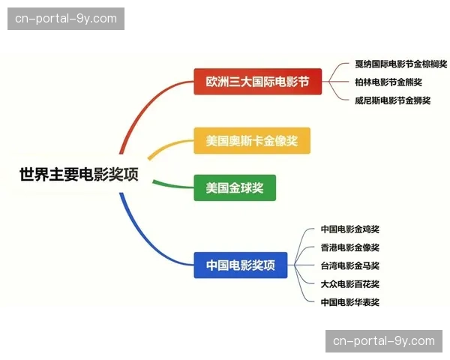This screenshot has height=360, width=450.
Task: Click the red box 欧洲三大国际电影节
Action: (x=257, y=81)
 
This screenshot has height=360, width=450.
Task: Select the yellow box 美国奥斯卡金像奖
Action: (x=251, y=140)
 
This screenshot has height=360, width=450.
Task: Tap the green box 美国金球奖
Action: (x=235, y=187)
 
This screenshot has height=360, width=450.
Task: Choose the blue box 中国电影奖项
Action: (x=240, y=265)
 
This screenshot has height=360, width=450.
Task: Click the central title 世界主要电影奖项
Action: (x=79, y=175)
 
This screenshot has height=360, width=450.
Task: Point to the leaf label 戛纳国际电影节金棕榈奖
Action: (x=400, y=64)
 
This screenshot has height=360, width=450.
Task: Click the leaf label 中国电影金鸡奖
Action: (x=350, y=229)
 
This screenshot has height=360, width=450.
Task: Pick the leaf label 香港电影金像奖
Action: (x=350, y=247)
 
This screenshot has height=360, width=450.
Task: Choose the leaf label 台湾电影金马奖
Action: (x=350, y=265)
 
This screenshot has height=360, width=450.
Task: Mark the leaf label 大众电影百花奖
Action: (x=350, y=283)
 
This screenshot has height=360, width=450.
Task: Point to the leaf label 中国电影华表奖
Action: (x=350, y=301)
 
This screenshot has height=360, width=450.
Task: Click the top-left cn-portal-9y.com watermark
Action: (x=66, y=18)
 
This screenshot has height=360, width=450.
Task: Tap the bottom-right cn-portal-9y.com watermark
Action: (x=384, y=341)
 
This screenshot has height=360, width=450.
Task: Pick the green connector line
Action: (x=169, y=181)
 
